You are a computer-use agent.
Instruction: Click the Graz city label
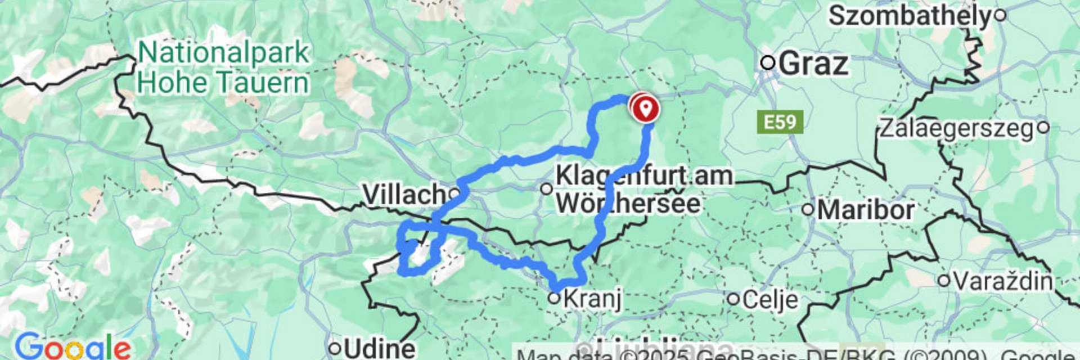coord(813,64)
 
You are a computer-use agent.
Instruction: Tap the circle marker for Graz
coord(768,62)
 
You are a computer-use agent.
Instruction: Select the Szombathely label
coord(909,16)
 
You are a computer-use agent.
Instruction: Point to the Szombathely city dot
coord(1000,15)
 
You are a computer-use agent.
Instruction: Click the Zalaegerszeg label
coord(956,129)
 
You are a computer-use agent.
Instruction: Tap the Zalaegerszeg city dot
coord(1043,127)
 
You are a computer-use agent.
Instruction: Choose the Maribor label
coord(866,210)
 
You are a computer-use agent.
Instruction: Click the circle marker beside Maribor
coord(808,210)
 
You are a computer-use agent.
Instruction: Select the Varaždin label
coord(1003,280)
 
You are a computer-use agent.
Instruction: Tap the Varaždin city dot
coord(944,280)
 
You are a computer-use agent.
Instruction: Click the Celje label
coord(769,300)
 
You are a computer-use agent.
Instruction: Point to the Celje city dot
coord(733,299)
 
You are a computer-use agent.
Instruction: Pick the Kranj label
coord(592,299)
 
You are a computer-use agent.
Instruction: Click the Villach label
coord(404,195)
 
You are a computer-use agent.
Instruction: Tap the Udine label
coord(379,348)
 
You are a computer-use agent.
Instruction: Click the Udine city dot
coord(335,348)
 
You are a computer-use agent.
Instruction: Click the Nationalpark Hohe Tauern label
coord(223,68)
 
